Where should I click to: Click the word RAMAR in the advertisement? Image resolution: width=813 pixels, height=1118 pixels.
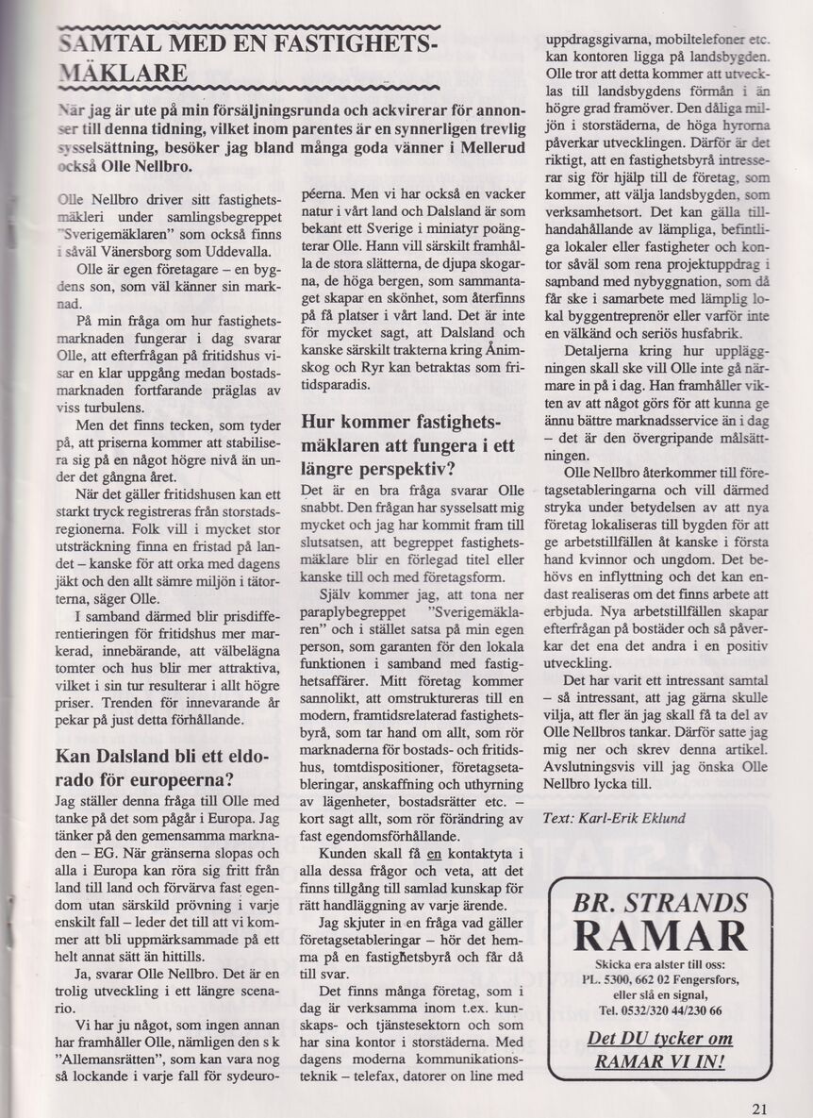(x=661, y=937)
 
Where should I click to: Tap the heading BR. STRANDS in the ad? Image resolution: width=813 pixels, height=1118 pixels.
(x=660, y=900)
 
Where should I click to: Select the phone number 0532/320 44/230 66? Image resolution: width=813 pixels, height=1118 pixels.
(x=660, y=1010)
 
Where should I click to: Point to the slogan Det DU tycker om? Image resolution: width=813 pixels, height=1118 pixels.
(x=659, y=1039)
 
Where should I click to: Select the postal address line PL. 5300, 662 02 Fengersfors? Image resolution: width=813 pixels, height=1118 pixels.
(x=660, y=979)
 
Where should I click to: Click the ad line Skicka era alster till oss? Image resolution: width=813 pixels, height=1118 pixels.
(x=660, y=965)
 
